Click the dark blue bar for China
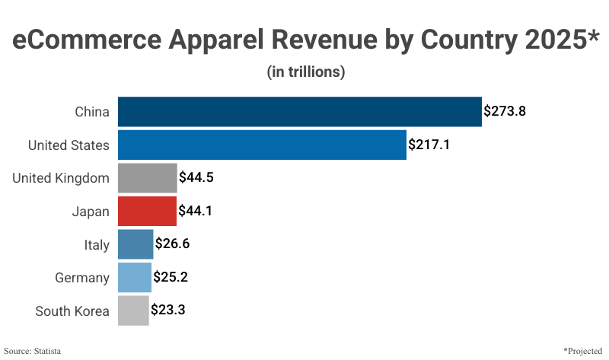coord(300,111)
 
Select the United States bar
coord(262,145)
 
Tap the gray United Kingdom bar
coord(148,178)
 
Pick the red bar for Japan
coord(147,211)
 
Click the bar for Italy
coord(136,244)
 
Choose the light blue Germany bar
coord(135,278)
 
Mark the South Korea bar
coord(133,311)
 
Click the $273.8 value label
coord(505,111)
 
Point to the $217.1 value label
coord(429,145)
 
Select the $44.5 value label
coord(196,178)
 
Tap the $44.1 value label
coord(195,211)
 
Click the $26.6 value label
coord(172,244)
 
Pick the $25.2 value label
coord(171,278)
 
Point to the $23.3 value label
coord(168,311)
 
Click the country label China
coord(92,112)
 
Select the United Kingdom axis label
coord(61,178)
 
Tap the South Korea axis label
coord(72,311)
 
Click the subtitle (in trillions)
coord(306,72)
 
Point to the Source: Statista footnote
coord(33,351)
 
